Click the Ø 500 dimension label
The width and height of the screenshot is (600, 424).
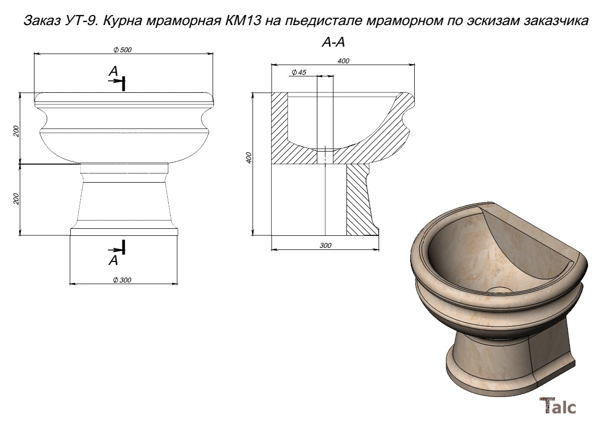click(x=123, y=50)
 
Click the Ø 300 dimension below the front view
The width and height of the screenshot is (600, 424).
click(x=122, y=280)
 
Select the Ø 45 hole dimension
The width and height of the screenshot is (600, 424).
click(x=299, y=72)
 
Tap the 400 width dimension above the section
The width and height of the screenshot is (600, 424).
click(x=343, y=60)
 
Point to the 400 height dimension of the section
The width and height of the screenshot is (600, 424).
click(x=249, y=158)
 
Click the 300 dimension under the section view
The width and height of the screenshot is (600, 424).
click(x=325, y=245)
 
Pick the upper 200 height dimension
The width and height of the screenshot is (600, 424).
click(x=16, y=131)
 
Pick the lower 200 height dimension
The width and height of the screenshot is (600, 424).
click(x=16, y=199)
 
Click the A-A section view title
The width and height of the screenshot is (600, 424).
click(x=333, y=42)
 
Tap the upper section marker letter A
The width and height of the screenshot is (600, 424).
click(x=113, y=71)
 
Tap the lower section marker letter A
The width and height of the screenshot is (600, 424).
click(x=113, y=260)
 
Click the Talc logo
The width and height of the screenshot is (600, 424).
click(x=558, y=405)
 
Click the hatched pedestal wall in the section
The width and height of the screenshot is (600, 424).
click(x=359, y=199)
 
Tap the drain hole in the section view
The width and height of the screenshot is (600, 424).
click(x=325, y=155)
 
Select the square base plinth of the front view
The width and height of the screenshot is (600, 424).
click(x=124, y=232)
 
